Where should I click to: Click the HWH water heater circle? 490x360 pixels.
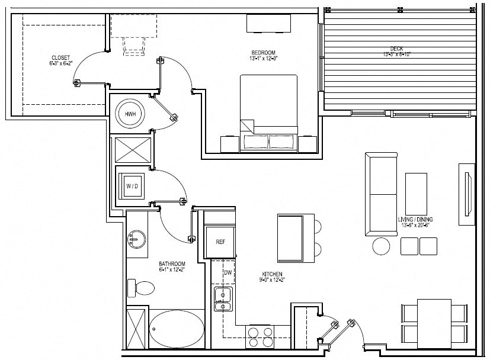[129, 113]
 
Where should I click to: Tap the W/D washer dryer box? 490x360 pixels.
[132, 187]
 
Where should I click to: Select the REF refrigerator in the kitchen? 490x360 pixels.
[220, 242]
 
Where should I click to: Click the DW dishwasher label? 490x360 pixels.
[228, 272]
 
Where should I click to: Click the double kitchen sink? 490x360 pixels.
[223, 300]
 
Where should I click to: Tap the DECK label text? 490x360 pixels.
[396, 50]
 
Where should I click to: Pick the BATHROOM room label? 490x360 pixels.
[172, 264]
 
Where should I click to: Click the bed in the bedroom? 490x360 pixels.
[268, 110]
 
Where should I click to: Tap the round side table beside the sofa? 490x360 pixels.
[381, 246]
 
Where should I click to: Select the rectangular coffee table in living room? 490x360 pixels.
[416, 192]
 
